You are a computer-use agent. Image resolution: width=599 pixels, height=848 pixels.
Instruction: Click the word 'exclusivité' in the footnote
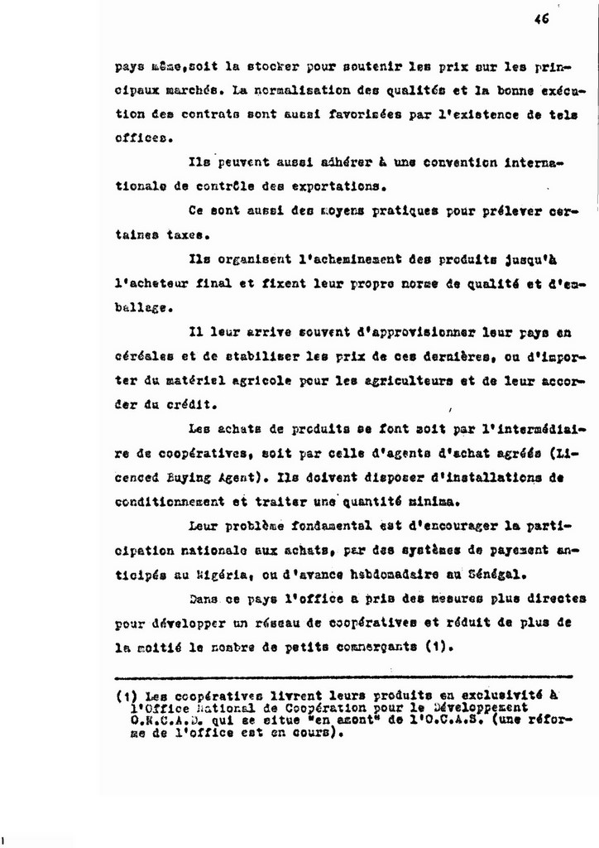point(497,695)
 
